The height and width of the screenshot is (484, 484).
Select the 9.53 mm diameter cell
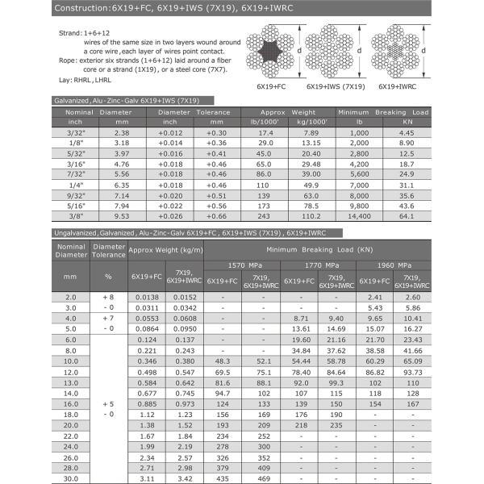coord(122,217)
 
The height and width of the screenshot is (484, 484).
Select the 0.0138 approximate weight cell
coord(145,297)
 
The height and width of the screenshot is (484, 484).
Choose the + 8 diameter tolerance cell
coord(108,297)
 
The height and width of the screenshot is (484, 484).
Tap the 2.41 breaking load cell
coord(376,297)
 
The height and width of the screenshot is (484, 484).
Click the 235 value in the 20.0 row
coord(338,424)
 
